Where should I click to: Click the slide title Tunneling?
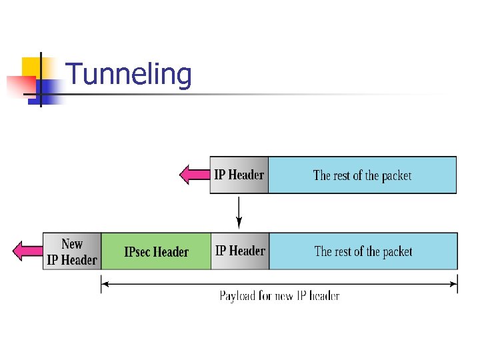coord(129,75)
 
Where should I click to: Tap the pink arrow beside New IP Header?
coord(27,251)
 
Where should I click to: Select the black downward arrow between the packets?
coord(239,213)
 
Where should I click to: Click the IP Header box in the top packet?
coord(239,175)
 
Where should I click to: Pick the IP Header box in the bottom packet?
coord(240,251)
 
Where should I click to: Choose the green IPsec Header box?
coord(156,251)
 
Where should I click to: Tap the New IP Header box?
coord(71,251)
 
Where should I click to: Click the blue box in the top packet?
coord(362,175)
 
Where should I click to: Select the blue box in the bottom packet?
coord(363,251)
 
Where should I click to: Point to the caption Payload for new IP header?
coord(279,295)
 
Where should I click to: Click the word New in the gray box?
coord(71,244)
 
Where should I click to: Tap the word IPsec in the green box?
coord(137,252)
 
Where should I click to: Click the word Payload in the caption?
coord(238,295)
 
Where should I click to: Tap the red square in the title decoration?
coord(19,85)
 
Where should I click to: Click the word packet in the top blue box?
coord(397,176)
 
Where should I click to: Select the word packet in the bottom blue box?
coord(397,252)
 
